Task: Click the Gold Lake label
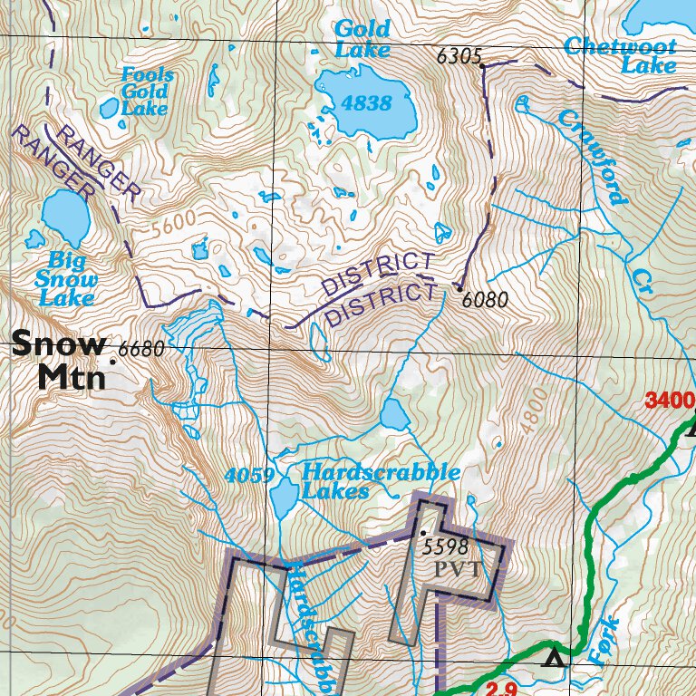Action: point(362,39)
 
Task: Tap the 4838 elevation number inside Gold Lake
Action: point(366,103)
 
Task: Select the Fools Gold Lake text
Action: point(146,92)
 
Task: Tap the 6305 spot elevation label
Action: point(458,56)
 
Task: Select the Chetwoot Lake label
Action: point(621,55)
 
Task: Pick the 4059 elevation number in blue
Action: point(249,476)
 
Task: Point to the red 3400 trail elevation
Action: point(670,400)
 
